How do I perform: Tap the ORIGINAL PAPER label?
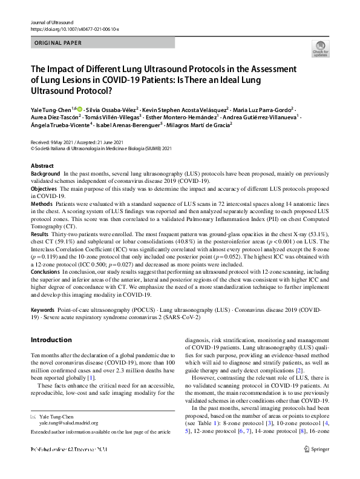click(x=57, y=44)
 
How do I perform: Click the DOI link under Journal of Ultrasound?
click(x=74, y=28)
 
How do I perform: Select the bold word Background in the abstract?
click(x=45, y=173)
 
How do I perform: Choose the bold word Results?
click(x=40, y=234)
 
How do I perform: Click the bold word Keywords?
click(x=42, y=309)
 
